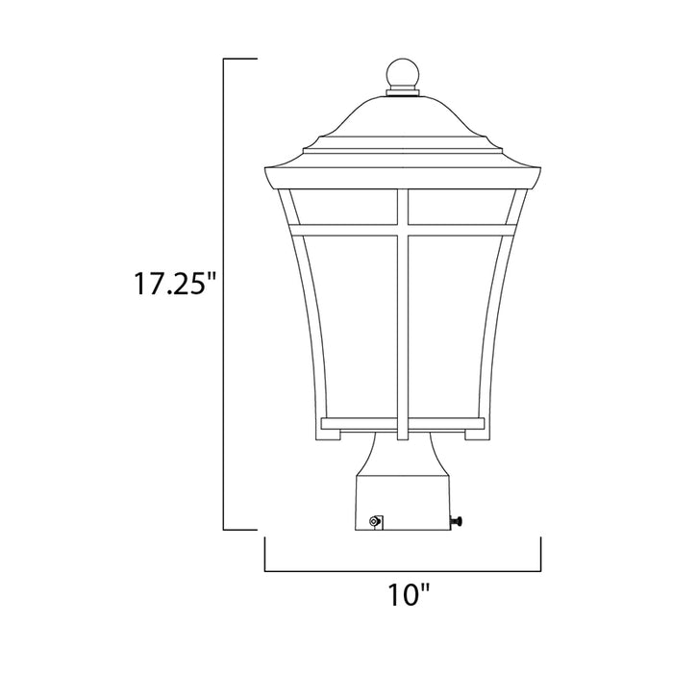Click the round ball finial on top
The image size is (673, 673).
pos(403,73)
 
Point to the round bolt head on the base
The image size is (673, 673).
pos(374,521)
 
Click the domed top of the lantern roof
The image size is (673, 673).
pos(403,120)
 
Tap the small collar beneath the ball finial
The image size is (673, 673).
pos(403,92)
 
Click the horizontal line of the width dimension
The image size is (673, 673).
pos(403,571)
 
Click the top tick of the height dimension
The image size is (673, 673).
pos(240,60)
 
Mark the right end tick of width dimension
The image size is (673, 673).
pos(541,555)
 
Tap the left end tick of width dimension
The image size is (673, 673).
pos(265,555)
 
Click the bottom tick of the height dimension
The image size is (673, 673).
pos(240,528)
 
